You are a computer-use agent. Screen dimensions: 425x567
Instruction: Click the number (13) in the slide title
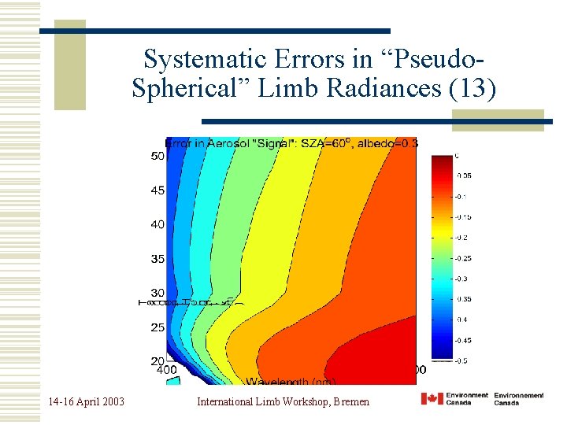(472, 89)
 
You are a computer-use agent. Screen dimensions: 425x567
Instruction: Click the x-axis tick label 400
(167, 369)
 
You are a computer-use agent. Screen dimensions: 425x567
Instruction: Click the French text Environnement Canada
(519, 399)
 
